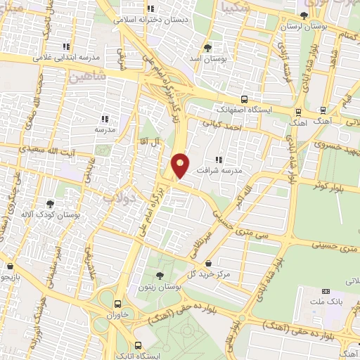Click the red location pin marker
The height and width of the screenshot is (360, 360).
[181, 165]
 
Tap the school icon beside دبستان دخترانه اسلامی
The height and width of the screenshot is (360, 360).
[150, 9]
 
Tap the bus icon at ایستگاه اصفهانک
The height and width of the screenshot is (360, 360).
[244, 99]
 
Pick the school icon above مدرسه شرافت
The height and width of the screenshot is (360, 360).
[219, 160]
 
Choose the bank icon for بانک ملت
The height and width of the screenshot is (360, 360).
[325, 291]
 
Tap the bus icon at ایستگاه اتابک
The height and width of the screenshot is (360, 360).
[137, 345]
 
